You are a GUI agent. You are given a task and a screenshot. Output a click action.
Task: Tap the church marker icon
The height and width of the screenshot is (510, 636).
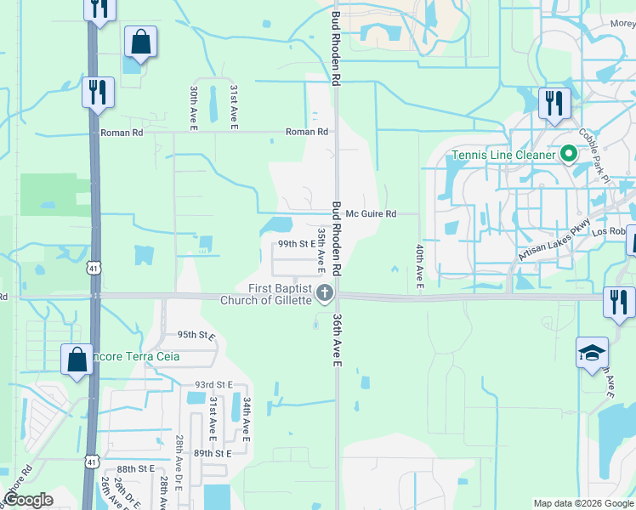point(324,294)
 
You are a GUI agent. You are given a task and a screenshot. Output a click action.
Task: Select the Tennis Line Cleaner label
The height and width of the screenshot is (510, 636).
point(503,155)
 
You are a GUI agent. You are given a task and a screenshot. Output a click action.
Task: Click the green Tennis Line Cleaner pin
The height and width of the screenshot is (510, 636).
point(569,155)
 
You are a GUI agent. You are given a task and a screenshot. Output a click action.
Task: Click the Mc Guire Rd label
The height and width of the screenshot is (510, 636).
point(371,214)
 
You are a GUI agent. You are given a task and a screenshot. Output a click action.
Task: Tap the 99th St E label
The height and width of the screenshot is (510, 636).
point(298,244)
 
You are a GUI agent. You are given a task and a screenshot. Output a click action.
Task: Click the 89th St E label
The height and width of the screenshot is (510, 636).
point(213,454)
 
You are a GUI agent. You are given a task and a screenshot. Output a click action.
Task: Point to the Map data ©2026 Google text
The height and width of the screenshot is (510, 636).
point(582,503)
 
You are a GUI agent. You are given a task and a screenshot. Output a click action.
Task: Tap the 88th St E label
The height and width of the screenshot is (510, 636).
point(137,468)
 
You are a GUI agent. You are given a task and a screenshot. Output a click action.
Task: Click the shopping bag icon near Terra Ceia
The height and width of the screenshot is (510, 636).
point(77,360)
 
